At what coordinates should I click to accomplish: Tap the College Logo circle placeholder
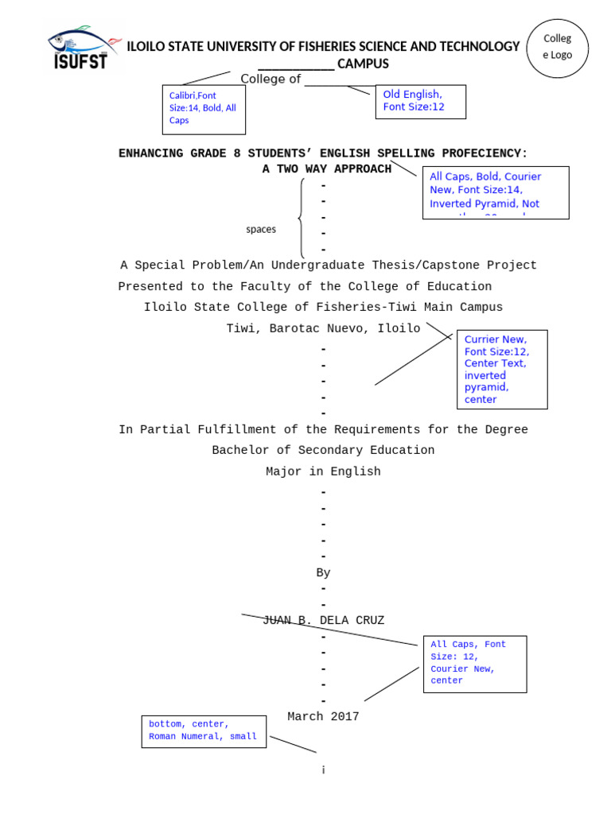click(x=557, y=48)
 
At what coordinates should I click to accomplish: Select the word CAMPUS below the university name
click(x=363, y=64)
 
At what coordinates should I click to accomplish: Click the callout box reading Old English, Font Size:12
click(x=420, y=101)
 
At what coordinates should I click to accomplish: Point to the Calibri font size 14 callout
click(x=204, y=109)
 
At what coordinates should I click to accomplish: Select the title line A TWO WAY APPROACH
click(x=326, y=169)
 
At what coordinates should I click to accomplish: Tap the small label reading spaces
click(x=261, y=230)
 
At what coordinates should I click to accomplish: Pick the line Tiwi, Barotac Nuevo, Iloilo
click(x=323, y=328)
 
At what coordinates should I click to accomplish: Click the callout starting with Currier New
click(x=502, y=369)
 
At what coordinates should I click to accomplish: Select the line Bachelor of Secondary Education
click(x=323, y=451)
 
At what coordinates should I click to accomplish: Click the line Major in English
click(x=323, y=471)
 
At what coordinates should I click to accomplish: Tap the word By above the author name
click(x=323, y=572)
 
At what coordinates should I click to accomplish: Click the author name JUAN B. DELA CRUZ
click(x=323, y=621)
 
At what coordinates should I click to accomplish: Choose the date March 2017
click(x=323, y=717)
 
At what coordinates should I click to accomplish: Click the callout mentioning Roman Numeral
click(x=203, y=731)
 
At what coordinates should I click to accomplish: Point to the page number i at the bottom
click(x=323, y=770)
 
